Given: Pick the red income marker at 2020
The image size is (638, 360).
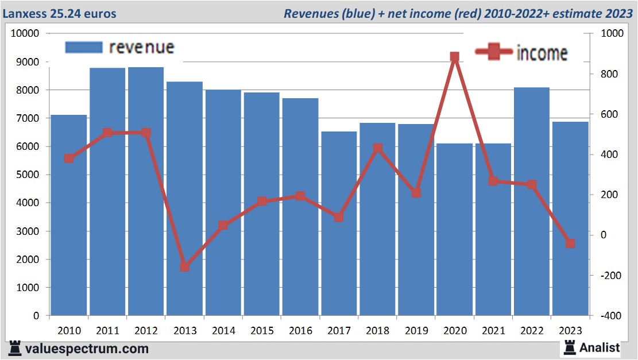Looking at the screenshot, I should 455,57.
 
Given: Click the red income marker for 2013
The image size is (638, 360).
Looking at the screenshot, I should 184,267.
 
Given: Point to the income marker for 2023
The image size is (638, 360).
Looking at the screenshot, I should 570,243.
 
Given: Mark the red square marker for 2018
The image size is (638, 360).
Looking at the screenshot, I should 377,149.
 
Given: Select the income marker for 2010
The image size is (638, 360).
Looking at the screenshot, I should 69,158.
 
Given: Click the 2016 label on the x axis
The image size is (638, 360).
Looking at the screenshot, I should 300,331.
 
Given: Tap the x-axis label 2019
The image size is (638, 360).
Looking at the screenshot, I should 416,331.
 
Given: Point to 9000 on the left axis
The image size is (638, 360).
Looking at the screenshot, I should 26,62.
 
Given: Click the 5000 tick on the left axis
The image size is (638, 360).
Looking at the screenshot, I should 26,175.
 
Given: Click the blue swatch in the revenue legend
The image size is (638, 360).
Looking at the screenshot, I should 84,47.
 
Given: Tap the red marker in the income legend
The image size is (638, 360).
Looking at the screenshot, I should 494,52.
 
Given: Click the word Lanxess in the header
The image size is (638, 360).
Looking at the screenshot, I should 26,13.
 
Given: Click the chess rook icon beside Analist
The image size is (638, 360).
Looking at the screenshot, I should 570,347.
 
